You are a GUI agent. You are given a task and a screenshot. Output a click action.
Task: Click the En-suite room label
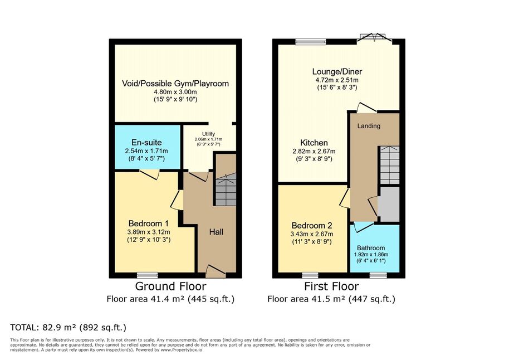point(146,143)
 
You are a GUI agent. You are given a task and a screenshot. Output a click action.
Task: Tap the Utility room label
point(208,134)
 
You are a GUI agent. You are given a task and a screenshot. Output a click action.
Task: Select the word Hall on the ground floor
point(217,232)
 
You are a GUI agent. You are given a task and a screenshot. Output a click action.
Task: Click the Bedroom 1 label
point(149,223)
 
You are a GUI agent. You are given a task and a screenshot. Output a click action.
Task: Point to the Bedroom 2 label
point(312,226)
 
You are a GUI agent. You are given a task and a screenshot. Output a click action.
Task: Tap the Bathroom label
point(371,248)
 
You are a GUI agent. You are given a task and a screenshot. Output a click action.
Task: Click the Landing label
point(369,126)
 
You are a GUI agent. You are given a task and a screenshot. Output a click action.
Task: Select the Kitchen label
point(314,143)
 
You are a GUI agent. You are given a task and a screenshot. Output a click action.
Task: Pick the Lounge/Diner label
point(337,71)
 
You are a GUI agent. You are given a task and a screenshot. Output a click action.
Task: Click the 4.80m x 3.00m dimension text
point(175,92)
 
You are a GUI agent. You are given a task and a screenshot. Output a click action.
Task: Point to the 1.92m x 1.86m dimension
point(371,255)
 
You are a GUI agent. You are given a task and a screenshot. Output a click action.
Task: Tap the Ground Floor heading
point(170,286)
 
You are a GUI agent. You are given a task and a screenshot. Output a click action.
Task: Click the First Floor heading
point(331,286)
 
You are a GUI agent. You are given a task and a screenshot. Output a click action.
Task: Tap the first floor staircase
point(390,165)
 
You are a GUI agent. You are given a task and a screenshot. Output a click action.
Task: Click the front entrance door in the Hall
point(216,271)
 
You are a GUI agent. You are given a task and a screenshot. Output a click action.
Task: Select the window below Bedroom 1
point(148,275)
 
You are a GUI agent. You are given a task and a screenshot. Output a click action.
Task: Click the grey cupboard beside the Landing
point(389,205)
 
